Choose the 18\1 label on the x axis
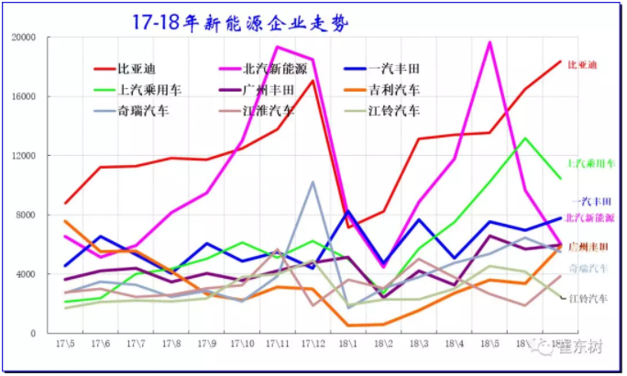point(348,343)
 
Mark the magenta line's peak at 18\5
point(489,42)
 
